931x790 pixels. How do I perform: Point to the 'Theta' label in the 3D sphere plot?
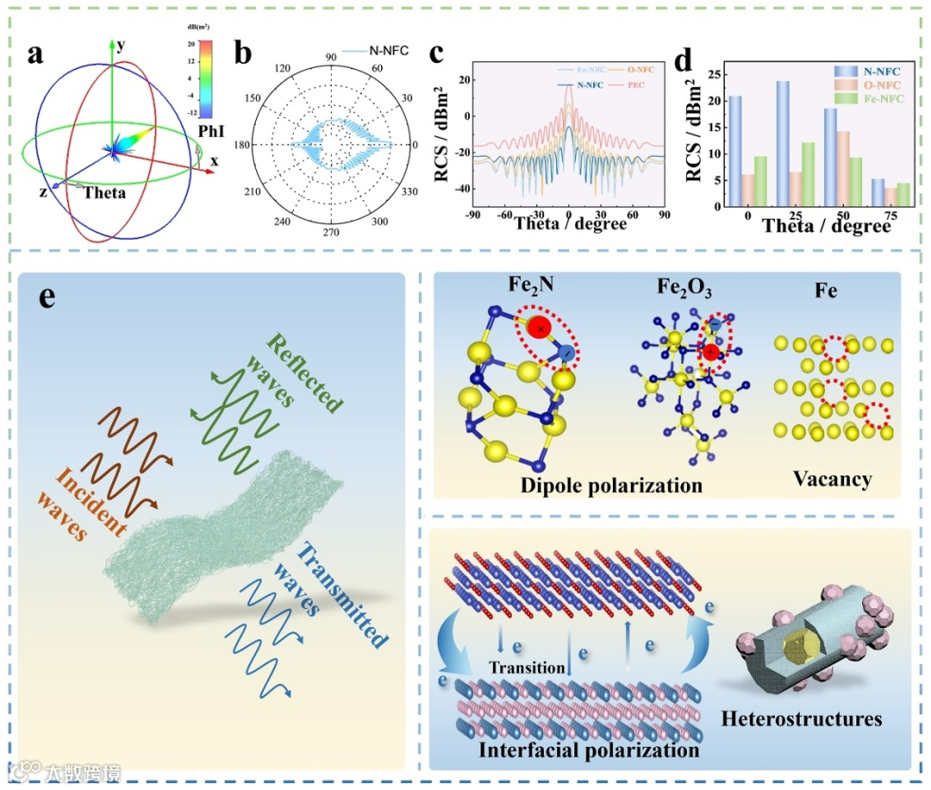[104, 193]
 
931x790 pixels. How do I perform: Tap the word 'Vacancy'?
[832, 478]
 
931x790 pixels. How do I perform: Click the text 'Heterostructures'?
[802, 717]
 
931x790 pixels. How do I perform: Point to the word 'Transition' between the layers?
[526, 667]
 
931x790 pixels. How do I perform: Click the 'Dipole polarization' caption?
[611, 485]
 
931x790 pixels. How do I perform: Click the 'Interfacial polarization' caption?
[590, 750]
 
